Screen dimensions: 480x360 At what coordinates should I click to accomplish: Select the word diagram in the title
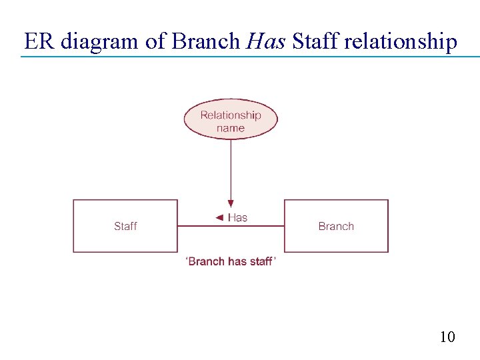[x=98, y=41]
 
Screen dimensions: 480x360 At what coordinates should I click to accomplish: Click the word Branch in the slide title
[x=205, y=41]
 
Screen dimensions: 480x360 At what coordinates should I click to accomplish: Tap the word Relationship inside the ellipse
[x=231, y=115]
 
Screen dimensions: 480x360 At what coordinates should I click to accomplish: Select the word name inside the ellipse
[x=231, y=128]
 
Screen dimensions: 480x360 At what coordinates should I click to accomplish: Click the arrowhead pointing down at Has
[x=231, y=203]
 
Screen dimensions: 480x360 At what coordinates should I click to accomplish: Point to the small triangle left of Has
[x=219, y=217]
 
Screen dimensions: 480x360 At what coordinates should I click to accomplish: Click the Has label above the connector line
[x=237, y=217]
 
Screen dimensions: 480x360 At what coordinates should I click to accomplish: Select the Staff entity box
[x=125, y=226]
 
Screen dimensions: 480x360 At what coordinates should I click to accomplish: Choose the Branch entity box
[x=336, y=226]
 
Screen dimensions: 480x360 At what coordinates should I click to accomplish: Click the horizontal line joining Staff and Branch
[x=231, y=227]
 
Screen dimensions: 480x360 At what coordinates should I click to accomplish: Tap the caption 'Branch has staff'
[x=231, y=261]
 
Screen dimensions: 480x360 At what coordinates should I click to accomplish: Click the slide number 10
[x=447, y=337]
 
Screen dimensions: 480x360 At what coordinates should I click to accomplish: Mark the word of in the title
[x=155, y=41]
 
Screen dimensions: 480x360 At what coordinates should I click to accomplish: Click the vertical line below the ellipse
[x=231, y=167]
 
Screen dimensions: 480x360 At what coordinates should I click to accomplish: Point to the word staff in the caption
[x=261, y=261]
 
